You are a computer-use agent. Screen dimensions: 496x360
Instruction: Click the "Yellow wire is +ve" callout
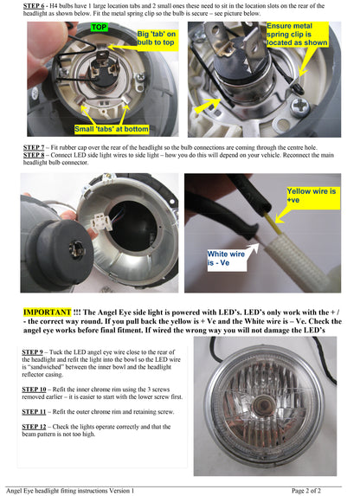310,195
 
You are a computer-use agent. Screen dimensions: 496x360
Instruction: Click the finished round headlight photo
263,405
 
